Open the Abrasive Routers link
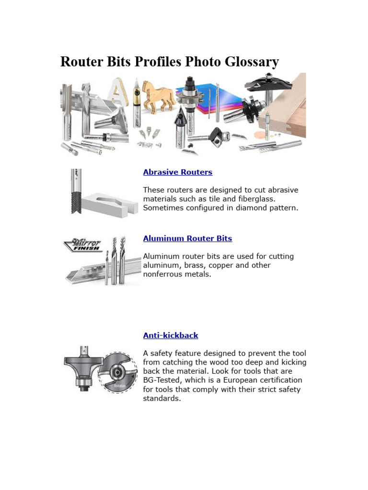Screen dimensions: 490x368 click(177, 172)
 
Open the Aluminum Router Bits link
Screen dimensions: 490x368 click(187, 238)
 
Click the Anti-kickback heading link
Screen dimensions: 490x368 click(170, 335)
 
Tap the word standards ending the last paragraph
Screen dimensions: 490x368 click(162, 399)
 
